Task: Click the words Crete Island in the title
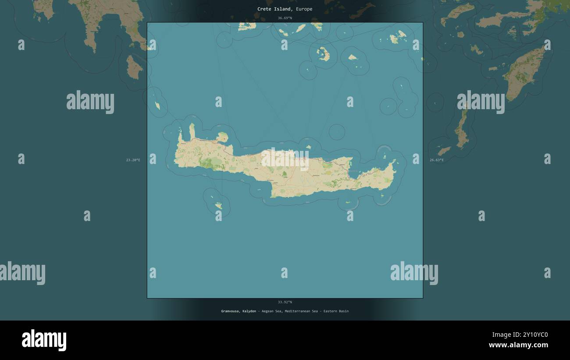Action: point(274,9)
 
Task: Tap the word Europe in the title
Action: point(304,9)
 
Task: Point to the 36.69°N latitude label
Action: point(285,18)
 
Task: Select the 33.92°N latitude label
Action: point(285,302)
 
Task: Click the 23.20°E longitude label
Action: point(133,160)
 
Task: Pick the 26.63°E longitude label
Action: point(436,160)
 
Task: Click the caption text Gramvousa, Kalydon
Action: point(239,311)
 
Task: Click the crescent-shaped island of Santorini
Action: point(324,54)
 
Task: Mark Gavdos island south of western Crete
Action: point(218,205)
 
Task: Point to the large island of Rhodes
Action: point(524,72)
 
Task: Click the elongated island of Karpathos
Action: point(461,129)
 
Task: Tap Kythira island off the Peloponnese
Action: point(133,67)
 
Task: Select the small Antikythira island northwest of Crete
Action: point(157,106)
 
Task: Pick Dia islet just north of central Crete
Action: point(308,147)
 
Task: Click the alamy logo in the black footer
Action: point(44,340)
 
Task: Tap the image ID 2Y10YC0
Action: point(532,335)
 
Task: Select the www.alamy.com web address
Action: point(518,345)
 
